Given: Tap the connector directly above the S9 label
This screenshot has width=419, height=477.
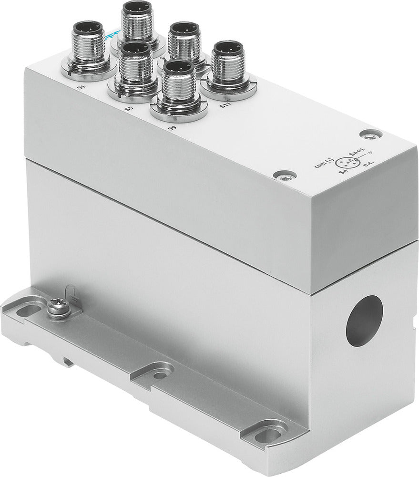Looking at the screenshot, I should coord(178,88).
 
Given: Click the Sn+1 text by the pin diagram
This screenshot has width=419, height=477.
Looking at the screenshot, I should coord(356,153).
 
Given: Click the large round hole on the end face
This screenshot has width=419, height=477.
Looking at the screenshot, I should coord(364,321).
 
